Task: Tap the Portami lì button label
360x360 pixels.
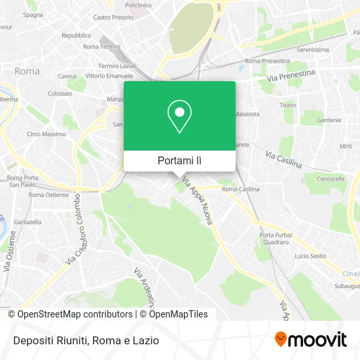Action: point(179,160)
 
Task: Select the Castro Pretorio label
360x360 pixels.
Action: point(113,18)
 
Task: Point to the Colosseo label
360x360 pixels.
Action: point(60,94)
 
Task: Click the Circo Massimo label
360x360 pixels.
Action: point(46,134)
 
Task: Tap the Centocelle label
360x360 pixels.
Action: point(331,178)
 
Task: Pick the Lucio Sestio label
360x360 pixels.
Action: point(310,256)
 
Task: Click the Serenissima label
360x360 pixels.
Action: point(312,49)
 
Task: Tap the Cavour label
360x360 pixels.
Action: point(68,76)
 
